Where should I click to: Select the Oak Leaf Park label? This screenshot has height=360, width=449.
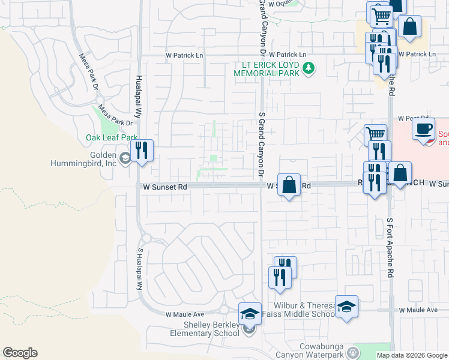(x=112, y=137)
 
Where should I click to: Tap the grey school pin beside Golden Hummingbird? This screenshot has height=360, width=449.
(x=125, y=158)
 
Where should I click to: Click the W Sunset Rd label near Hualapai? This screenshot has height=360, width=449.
(x=165, y=187)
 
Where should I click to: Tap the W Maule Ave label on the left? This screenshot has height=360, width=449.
(x=185, y=314)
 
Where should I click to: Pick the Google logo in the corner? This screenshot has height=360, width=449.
(x=20, y=353)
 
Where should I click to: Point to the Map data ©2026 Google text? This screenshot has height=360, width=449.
(x=411, y=355)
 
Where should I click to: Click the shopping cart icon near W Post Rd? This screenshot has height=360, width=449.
(x=375, y=134)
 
